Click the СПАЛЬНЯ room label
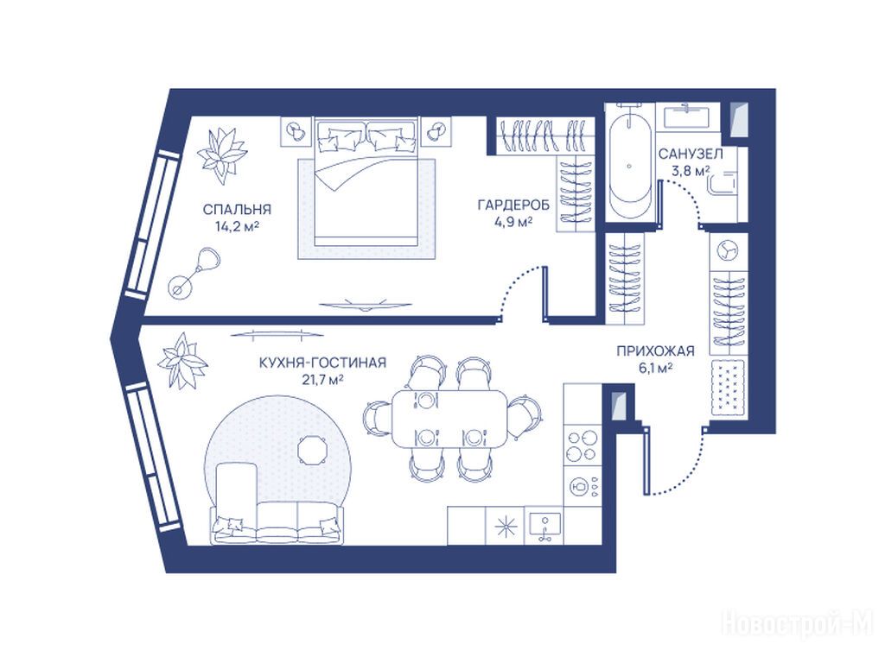pyautogui.click(x=237, y=210)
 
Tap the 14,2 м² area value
pyautogui.click(x=237, y=227)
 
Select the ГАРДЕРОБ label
pyautogui.click(x=513, y=205)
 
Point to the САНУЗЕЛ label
pyautogui.click(x=691, y=154)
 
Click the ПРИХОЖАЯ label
pyautogui.click(x=655, y=351)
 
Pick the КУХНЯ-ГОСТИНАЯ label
pyautogui.click(x=323, y=363)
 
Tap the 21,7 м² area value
pyautogui.click(x=323, y=380)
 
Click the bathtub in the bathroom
pyautogui.click(x=630, y=163)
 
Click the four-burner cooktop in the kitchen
pyautogui.click(x=583, y=445)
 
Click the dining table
pyautogui.click(x=449, y=419)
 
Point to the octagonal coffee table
pyautogui.click(x=312, y=450)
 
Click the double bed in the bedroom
pyautogui.click(x=366, y=181)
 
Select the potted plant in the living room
pyautogui.click(x=181, y=361)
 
